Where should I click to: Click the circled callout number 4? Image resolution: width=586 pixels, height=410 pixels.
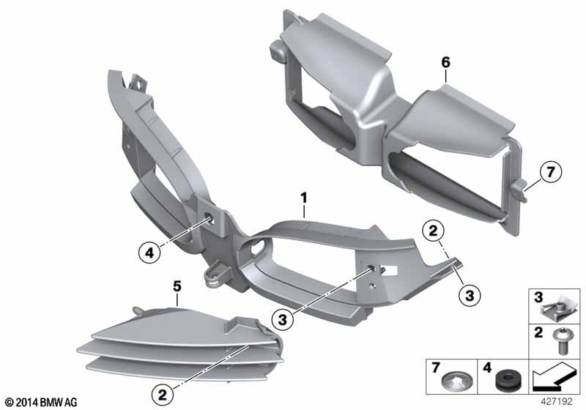coord(149,253)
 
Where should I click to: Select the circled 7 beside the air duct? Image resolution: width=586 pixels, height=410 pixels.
coord(551,172)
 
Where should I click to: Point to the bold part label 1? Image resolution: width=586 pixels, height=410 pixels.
coord(304,198)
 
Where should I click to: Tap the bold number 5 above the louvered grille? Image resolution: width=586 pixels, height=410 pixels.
coord(177,286)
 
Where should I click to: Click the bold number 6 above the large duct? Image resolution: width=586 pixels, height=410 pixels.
coord(446,62)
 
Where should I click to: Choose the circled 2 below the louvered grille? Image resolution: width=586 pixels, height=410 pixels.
coord(163,395)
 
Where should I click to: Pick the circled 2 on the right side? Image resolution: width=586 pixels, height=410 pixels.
coord(433,231)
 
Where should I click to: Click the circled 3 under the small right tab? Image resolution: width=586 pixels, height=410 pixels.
coord(470,295)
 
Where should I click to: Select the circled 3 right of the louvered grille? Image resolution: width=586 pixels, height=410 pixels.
coord(283,319)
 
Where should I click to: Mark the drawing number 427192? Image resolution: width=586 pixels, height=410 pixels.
coord(557,402)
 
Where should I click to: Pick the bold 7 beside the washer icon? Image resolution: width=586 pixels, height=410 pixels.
coord(435,368)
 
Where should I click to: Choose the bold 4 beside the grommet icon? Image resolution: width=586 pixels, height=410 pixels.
coord(487,368)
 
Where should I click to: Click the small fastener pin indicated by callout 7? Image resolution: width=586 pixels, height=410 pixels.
coord(520,189)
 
